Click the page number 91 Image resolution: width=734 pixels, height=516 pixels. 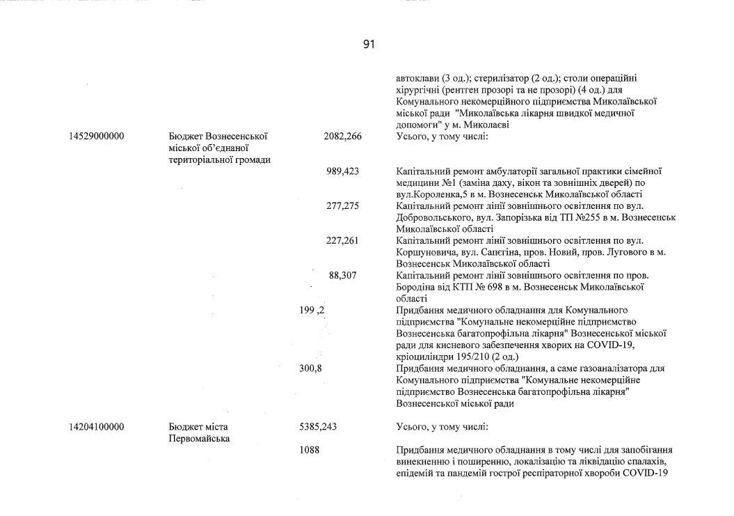coord(369,45)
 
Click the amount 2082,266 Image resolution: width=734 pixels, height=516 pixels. coord(342,136)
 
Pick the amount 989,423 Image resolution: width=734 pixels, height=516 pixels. coord(342,171)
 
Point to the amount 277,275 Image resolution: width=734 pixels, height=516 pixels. coord(342,206)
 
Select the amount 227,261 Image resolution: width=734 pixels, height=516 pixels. coord(342,241)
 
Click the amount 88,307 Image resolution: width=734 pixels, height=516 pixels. coord(342,276)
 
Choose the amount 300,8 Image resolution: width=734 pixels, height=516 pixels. coord(310,368)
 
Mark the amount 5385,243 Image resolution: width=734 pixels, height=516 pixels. coord(318,427)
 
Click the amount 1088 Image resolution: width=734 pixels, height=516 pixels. coord(309,450)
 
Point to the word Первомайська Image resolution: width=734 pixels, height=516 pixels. coord(199,439)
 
